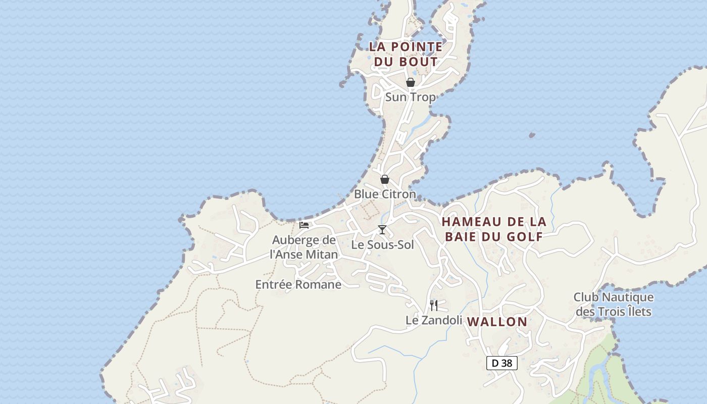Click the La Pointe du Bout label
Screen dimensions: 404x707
(406, 54)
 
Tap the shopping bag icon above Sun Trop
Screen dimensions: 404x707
(411, 82)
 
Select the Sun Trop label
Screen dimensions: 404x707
(410, 97)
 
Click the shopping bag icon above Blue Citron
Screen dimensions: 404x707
(385, 179)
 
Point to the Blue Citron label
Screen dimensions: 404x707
(385, 194)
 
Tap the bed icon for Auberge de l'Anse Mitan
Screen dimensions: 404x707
(304, 225)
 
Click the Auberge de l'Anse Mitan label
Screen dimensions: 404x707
(304, 247)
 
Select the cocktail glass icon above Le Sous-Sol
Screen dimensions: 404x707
(382, 230)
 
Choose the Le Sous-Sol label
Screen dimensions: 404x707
(382, 245)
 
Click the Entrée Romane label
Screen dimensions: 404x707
(298, 285)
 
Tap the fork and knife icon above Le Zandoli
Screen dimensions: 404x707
(434, 305)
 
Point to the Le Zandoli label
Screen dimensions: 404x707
(434, 320)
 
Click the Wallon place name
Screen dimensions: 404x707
(497, 322)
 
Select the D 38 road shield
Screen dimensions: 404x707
(502, 363)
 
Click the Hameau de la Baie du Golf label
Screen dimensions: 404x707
(494, 229)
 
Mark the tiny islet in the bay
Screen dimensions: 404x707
(532, 135)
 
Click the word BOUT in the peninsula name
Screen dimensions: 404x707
(419, 62)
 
